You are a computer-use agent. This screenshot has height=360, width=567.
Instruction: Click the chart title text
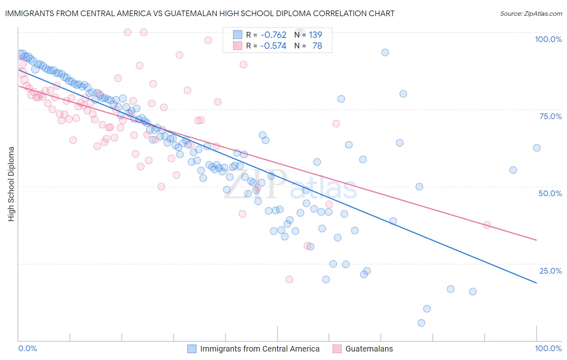point(200,13)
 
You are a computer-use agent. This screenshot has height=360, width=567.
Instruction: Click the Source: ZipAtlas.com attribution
point(531,13)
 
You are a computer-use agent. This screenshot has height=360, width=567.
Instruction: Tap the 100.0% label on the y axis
point(548,39)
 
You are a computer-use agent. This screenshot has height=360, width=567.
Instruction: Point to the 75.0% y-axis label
point(550,116)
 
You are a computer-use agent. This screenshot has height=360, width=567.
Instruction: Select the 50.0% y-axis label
point(550,193)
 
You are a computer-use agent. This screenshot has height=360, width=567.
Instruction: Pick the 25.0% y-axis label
point(550,271)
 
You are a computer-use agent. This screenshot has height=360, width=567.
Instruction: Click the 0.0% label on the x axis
point(28,348)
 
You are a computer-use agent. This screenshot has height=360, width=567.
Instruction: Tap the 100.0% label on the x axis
point(548,348)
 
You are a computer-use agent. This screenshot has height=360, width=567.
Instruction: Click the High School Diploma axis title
point(11,184)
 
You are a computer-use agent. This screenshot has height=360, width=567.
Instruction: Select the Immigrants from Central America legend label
point(260,349)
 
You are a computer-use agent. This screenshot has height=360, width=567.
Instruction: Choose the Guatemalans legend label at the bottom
point(369,349)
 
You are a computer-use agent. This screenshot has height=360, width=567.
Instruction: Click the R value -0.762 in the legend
point(273,35)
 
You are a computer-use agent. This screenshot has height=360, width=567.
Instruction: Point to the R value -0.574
point(273,46)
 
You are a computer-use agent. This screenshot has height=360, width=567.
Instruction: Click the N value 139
point(315,35)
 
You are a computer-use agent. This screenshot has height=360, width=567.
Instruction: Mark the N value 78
point(317,46)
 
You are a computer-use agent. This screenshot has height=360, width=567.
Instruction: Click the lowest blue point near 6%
point(421,323)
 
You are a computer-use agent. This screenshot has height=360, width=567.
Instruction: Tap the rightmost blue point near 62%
point(537,148)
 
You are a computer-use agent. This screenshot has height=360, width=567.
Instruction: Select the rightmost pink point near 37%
point(487,225)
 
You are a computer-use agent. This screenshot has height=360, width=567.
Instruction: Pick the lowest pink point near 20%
point(289,279)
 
